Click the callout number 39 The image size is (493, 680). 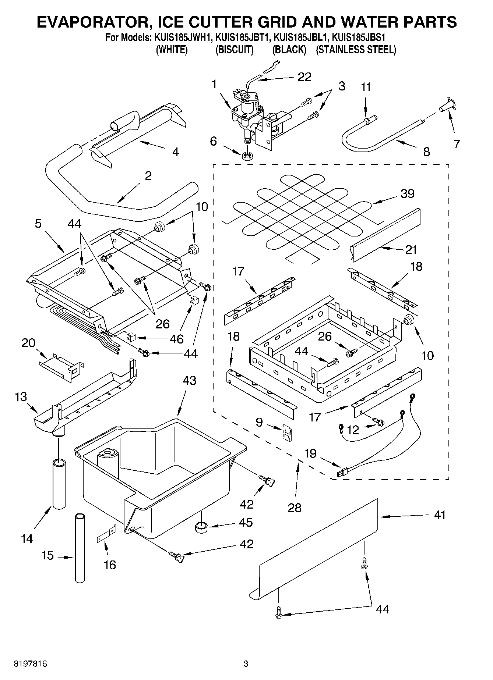click(407, 193)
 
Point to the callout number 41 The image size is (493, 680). click(440, 515)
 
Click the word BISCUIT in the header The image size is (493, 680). click(234, 50)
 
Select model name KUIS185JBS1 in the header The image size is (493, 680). click(359, 38)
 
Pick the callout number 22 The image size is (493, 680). click(304, 77)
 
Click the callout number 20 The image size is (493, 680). click(28, 343)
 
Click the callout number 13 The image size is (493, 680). click(21, 397)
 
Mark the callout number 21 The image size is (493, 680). click(411, 250)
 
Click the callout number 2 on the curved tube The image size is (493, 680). click(148, 176)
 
